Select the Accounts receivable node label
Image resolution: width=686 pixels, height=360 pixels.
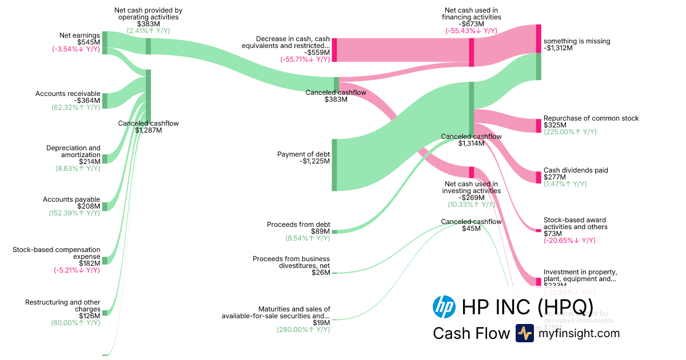point(68,94)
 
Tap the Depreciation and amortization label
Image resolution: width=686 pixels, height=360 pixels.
point(73,151)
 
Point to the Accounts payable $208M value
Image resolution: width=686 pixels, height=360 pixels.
point(90,206)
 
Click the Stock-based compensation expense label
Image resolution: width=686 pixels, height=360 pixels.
point(57,253)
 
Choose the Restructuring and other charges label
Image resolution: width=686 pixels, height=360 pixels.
point(63,305)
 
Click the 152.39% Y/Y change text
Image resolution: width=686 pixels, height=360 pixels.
point(74,213)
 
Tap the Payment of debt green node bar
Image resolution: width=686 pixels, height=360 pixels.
point(334,165)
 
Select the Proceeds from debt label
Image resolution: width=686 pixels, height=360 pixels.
point(298,225)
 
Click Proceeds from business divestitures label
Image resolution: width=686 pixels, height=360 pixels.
point(292,262)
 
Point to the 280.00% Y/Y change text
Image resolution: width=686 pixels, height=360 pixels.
point(304,330)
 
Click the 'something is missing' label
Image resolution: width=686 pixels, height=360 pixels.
point(577,41)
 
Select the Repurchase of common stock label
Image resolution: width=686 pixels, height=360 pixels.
point(591,118)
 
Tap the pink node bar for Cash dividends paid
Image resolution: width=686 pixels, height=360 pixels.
point(539,177)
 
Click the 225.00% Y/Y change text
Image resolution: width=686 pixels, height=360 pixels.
point(570,132)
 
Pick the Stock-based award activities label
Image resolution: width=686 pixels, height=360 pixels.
point(575,223)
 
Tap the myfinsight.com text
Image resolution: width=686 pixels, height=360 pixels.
point(579,333)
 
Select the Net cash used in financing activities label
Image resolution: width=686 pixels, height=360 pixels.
point(472,14)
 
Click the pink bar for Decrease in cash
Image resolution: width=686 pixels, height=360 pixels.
point(334,50)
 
